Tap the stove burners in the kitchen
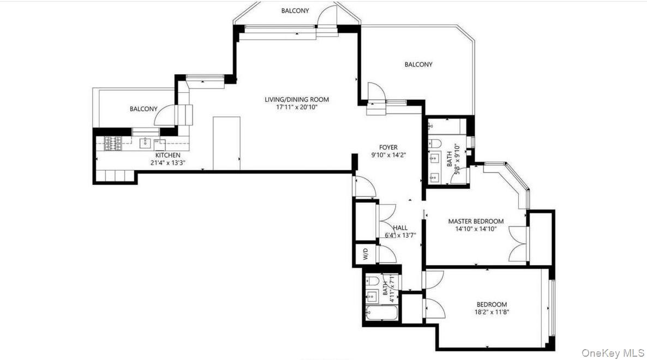pos(113,143)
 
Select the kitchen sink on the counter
pos(145,143)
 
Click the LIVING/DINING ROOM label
pos(297,99)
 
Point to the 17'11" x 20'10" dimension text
pos(297,107)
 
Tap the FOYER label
pos(388,147)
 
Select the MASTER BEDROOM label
pos(476,221)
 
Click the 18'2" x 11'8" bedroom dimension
pos(492,312)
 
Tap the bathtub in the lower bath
pos(381,313)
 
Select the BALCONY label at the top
pos(295,10)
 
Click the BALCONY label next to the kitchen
pos(143,109)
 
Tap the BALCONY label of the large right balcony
pos(418,64)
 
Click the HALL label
pos(400,228)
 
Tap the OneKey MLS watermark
pos(612,353)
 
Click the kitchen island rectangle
pos(226,142)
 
